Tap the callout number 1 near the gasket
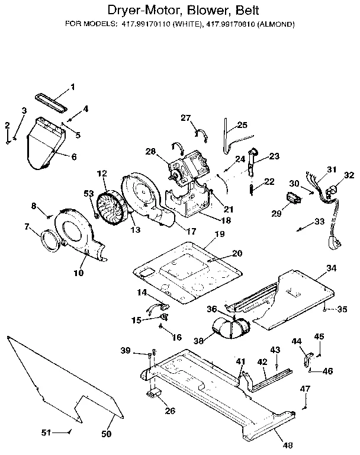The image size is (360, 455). coord(73,88)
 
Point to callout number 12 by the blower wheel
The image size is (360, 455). coord(102,174)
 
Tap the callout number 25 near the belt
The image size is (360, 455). coord(242,125)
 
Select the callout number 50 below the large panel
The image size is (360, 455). coord(107,434)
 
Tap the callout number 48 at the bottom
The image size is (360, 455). coord(287,445)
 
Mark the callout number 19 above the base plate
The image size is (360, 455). coord(220,234)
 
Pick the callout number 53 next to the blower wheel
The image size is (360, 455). coord(89,194)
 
